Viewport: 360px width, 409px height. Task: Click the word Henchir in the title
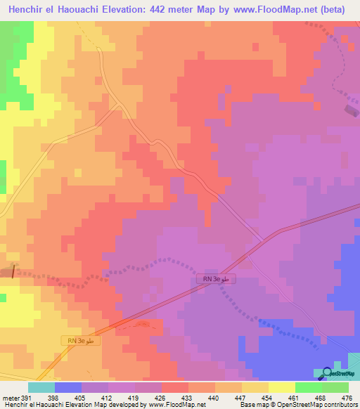click(30, 10)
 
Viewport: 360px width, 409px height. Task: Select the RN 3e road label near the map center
click(217, 280)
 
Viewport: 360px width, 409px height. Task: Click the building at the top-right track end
click(350, 109)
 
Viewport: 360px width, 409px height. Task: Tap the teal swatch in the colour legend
click(41, 387)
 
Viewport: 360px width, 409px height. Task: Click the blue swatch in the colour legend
click(67, 387)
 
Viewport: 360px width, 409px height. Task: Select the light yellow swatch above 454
click(255, 387)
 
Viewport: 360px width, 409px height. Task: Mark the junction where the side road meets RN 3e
click(264, 240)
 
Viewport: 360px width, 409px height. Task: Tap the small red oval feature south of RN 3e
click(141, 324)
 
